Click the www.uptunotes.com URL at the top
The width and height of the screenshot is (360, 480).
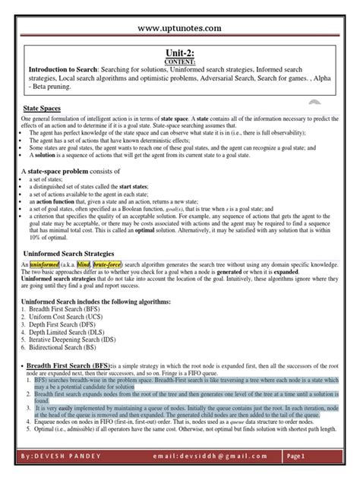click(x=179, y=28)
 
